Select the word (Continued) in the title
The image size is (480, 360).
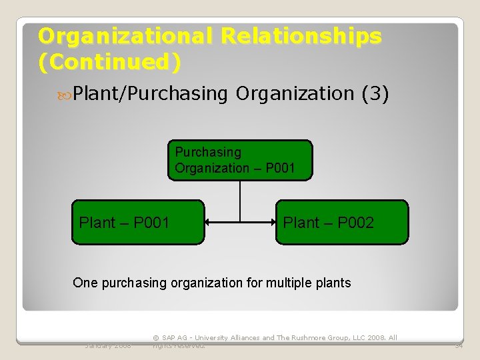(x=109, y=62)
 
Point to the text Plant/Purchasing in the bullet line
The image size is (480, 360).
(x=151, y=94)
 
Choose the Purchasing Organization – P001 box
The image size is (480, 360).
(x=240, y=160)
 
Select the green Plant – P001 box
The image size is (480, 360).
(x=138, y=223)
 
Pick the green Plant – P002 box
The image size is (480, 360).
(x=342, y=223)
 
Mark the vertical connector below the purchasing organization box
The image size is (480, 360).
(x=240, y=200)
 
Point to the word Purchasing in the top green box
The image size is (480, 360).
(x=208, y=152)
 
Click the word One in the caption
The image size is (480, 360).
(x=85, y=283)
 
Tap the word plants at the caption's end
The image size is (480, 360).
(x=333, y=283)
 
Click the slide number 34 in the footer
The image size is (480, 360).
(x=459, y=345)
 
